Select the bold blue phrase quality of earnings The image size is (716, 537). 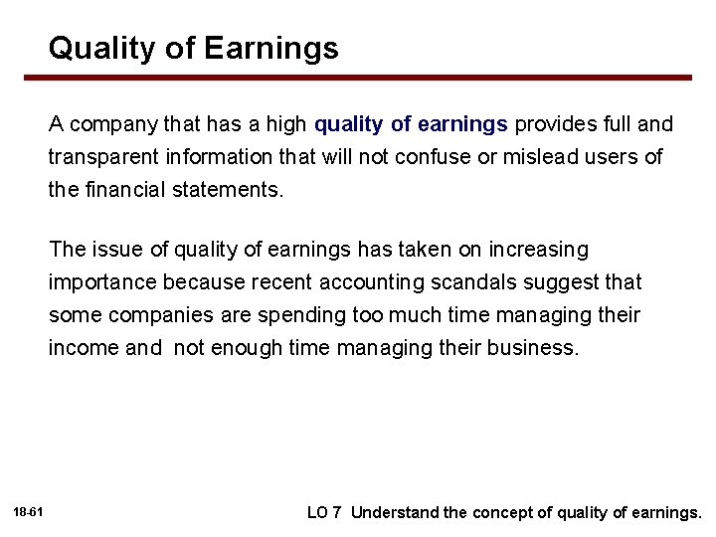click(x=412, y=124)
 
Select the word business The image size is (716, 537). click(x=532, y=348)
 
